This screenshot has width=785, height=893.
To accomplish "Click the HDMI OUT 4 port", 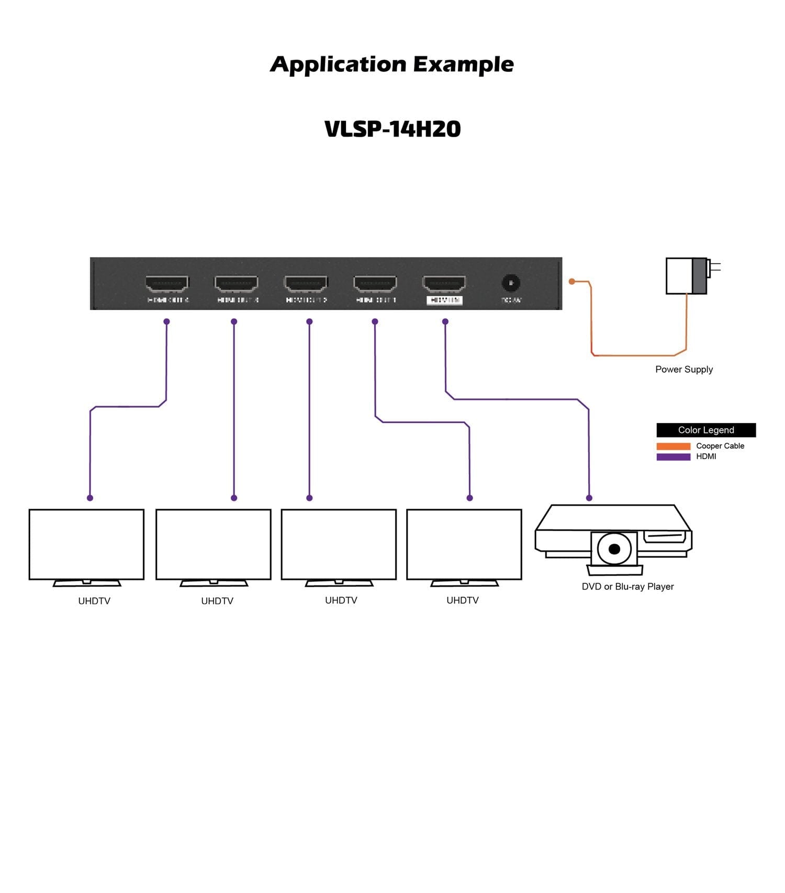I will pos(167,284).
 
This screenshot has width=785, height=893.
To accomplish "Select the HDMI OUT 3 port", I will pos(237,284).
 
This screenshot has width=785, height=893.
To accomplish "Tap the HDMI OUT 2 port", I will pos(306,284).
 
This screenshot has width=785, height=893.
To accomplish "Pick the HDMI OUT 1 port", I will pos(375,284).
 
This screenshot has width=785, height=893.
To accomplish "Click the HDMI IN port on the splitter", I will pos(444,284).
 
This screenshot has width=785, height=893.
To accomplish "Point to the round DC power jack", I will pos(511,283).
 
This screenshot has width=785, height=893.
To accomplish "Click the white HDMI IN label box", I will pos(444,300).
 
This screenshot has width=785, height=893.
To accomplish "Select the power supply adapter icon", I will pos(687,276).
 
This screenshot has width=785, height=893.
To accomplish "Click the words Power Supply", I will pos(684,370).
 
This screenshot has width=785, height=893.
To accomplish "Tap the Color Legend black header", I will pos(706,430).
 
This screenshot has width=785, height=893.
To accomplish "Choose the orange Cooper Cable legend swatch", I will pos(674,446).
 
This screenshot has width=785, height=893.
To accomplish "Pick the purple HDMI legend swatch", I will pos(674,457).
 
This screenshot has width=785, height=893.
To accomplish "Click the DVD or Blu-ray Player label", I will pos(627,587).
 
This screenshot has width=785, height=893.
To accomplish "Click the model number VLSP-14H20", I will pos(392,129).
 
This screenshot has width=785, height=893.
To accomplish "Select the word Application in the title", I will pos(338,64).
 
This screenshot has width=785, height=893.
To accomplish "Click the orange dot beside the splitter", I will pos(572,282).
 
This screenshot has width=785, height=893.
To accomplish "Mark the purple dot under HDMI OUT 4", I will pos(166,321).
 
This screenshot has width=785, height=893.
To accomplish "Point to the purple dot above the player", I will pos(589,498).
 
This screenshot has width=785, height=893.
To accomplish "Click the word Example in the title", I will pos(464,64).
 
